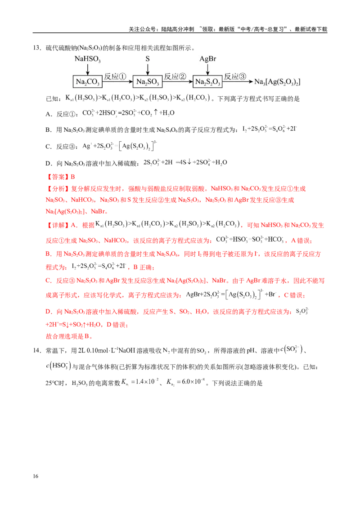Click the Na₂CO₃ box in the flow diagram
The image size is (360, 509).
[88, 81]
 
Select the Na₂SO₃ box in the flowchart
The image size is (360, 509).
[148, 81]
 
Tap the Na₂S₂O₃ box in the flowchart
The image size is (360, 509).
[207, 81]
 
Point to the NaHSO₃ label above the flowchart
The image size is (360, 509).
[87, 59]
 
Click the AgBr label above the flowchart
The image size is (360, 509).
[207, 59]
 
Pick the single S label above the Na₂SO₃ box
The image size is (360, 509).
[148, 59]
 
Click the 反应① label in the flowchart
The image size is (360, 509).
[115, 76]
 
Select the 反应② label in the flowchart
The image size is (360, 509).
[175, 76]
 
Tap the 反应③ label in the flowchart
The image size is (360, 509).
[235, 76]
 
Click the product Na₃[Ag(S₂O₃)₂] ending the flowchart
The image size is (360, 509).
[277, 82]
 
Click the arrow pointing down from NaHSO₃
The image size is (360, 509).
[88, 69]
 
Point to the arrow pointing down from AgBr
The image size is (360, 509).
[207, 69]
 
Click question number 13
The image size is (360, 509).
[36, 48]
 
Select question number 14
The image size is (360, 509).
[36, 351]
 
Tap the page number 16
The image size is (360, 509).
[36, 476]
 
